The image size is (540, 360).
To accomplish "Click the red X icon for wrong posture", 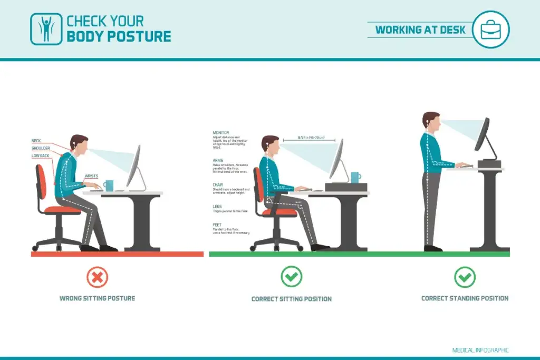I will [x=97, y=277].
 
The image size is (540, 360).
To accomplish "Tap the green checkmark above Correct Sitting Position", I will [x=291, y=277].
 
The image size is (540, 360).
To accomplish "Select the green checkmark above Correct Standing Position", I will [x=465, y=277].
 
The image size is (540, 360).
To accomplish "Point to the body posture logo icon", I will [x=45, y=29].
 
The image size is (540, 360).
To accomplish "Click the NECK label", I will [x=36, y=141].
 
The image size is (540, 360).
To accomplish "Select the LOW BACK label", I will [x=40, y=155].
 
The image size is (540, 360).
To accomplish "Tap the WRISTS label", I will [x=91, y=176].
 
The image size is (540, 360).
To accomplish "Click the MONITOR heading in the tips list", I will [x=220, y=133].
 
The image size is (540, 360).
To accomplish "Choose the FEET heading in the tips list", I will [x=217, y=225].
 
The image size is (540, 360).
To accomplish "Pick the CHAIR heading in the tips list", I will [x=218, y=184].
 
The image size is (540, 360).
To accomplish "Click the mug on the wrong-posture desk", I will [x=109, y=186].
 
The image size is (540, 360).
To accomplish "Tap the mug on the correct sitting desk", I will [x=355, y=178].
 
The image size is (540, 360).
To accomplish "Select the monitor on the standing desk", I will [x=482, y=134].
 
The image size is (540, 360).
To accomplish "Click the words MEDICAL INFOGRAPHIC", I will [x=480, y=350].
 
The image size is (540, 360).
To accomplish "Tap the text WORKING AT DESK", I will [x=420, y=30].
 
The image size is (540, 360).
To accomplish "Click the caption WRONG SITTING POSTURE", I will [x=97, y=298].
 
